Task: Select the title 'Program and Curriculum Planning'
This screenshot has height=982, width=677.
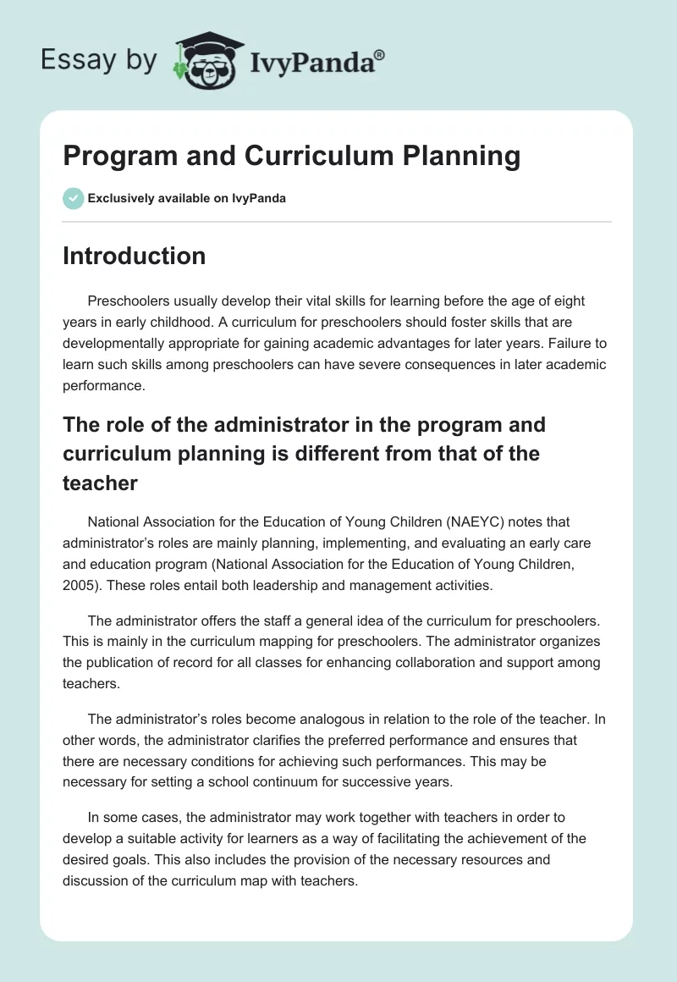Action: [x=291, y=156]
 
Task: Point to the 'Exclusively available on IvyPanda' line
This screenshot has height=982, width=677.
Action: [x=186, y=198]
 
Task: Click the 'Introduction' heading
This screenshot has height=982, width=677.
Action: [x=134, y=256]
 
